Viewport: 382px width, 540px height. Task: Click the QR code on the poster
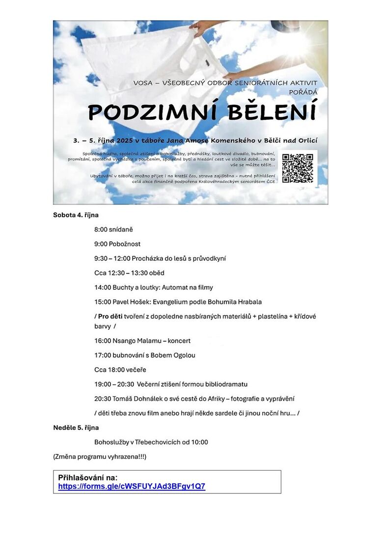(298, 168)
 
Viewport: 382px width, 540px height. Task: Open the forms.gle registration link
(132, 487)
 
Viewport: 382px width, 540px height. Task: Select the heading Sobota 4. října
(76, 215)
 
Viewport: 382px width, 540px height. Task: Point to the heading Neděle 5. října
(76, 428)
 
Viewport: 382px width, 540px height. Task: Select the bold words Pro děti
(110, 316)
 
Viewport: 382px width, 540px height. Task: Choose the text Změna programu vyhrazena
(99, 457)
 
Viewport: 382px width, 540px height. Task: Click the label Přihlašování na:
(88, 478)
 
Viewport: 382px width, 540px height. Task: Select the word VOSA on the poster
(143, 83)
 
